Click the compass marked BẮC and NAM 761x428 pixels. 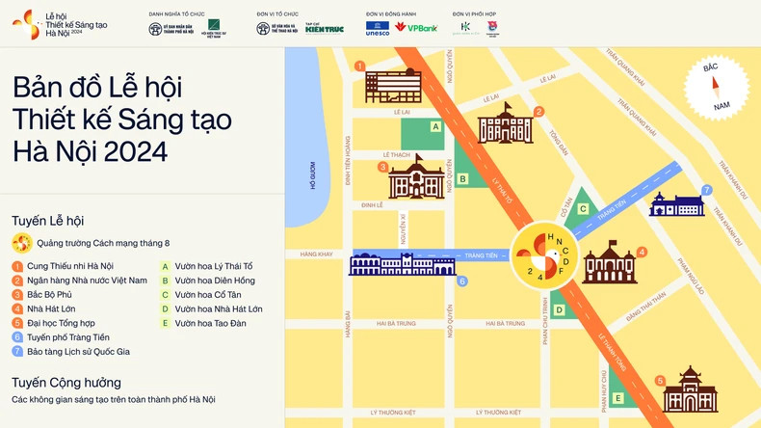716,85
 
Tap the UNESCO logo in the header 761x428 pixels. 378,28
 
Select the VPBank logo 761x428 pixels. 416,28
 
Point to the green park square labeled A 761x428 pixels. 423,133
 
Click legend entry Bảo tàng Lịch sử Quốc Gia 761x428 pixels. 70,352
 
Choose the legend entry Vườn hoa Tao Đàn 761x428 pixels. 203,323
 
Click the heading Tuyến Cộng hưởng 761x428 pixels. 66,383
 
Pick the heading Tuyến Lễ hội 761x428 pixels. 48,221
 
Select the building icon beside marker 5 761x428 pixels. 690,389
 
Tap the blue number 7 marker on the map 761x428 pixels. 706,190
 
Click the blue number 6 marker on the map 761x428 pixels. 462,281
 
